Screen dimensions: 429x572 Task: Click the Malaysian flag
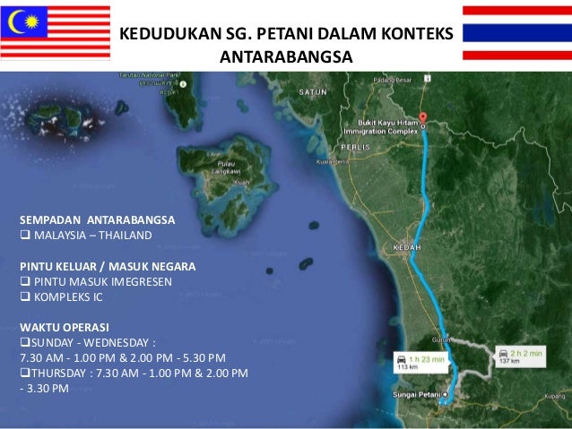coord(56,32)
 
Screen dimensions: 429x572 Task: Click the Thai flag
coord(516,32)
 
